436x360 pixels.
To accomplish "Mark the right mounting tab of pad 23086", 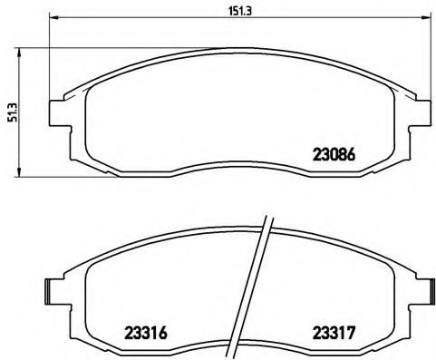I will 422,112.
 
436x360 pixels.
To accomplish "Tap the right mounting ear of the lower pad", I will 422,290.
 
